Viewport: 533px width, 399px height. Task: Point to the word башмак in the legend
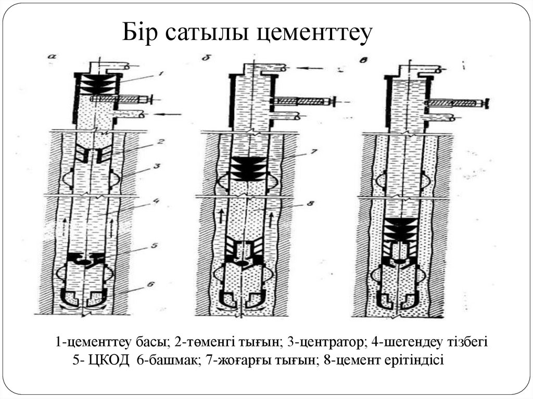tap(173, 361)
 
